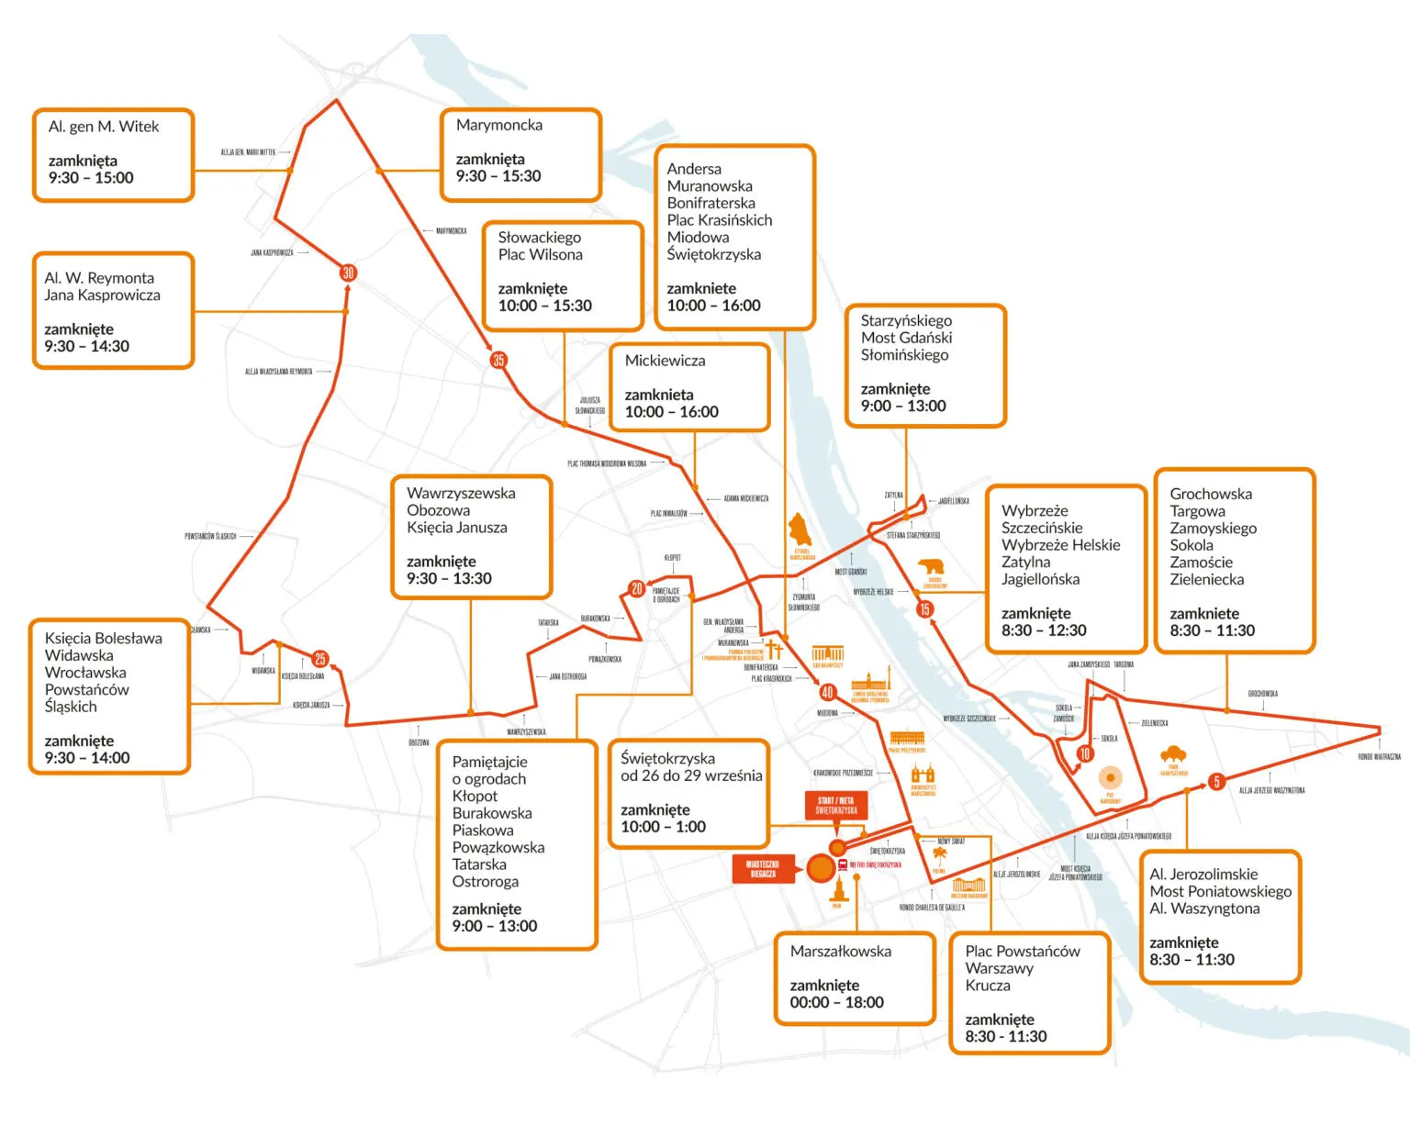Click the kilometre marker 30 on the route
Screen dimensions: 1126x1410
pyautogui.click(x=348, y=273)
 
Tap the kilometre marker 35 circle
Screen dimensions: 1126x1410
pyautogui.click(x=498, y=360)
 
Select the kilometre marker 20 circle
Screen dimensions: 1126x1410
pyautogui.click(x=636, y=589)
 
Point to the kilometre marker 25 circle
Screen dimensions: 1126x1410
pyautogui.click(x=320, y=659)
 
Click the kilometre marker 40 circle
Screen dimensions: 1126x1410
pyautogui.click(x=827, y=692)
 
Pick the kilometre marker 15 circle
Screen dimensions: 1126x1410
pyautogui.click(x=924, y=608)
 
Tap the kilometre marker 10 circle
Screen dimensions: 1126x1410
pyautogui.click(x=1085, y=754)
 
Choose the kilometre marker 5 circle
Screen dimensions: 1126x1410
pyautogui.click(x=1216, y=782)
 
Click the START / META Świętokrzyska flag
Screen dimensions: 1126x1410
pyautogui.click(x=837, y=807)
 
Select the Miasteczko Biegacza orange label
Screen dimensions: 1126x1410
pyautogui.click(x=763, y=869)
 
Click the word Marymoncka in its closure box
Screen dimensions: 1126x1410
pyautogui.click(x=499, y=125)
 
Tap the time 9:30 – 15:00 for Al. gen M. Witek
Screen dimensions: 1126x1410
pyautogui.click(x=91, y=178)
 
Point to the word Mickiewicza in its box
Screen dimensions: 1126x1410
pyautogui.click(x=666, y=361)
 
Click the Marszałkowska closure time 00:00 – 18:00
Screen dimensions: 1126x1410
pyautogui.click(x=836, y=1002)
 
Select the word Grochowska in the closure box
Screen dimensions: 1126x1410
pyautogui.click(x=1211, y=494)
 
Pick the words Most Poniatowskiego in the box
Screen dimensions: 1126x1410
pyautogui.click(x=1220, y=891)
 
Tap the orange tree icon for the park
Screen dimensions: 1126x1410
pyautogui.click(x=1173, y=756)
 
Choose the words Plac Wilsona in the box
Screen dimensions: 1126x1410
pyautogui.click(x=540, y=254)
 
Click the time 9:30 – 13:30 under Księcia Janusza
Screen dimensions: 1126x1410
pyautogui.click(x=449, y=578)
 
